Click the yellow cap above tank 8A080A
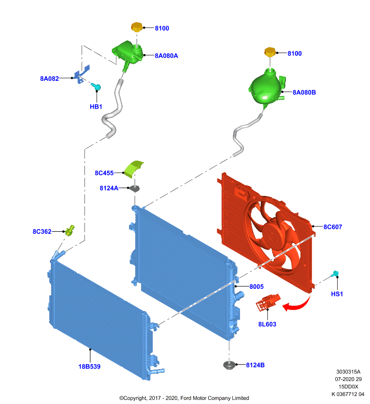pos(137,27)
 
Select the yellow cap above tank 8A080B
pos(270,53)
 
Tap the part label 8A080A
pos(166,56)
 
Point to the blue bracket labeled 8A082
pos(82,74)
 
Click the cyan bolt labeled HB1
pos(97,87)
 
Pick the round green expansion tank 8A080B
pos(267,86)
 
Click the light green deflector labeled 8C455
pos(134,169)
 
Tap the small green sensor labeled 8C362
pos(70,230)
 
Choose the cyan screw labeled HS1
pos(335,274)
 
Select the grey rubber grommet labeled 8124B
pos(229,365)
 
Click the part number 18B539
pos(89,367)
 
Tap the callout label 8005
pos(257,286)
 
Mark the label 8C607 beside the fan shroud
pos(333,227)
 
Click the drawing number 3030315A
pos(348,372)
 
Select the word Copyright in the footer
pos(136,398)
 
